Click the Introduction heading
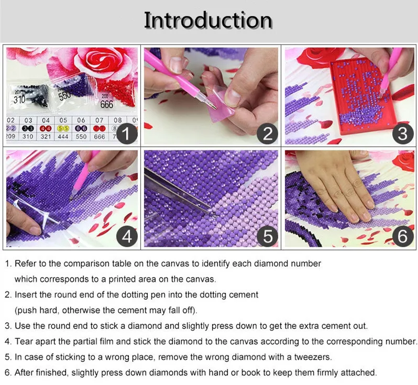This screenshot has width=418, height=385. [x=208, y=20]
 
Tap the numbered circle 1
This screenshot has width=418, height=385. [x=127, y=134]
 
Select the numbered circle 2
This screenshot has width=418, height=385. [x=267, y=134]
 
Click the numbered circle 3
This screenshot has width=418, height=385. [x=402, y=134]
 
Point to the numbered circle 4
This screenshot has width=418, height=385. [x=127, y=236]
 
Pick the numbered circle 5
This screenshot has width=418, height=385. [x=267, y=236]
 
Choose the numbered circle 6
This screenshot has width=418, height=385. [x=402, y=236]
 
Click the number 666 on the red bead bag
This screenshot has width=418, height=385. [x=107, y=104]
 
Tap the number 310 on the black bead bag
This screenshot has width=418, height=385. [x=19, y=100]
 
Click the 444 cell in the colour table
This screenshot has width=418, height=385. [x=63, y=137]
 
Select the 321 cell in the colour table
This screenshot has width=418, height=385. [x=46, y=137]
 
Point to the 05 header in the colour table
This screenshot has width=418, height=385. [x=63, y=120]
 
